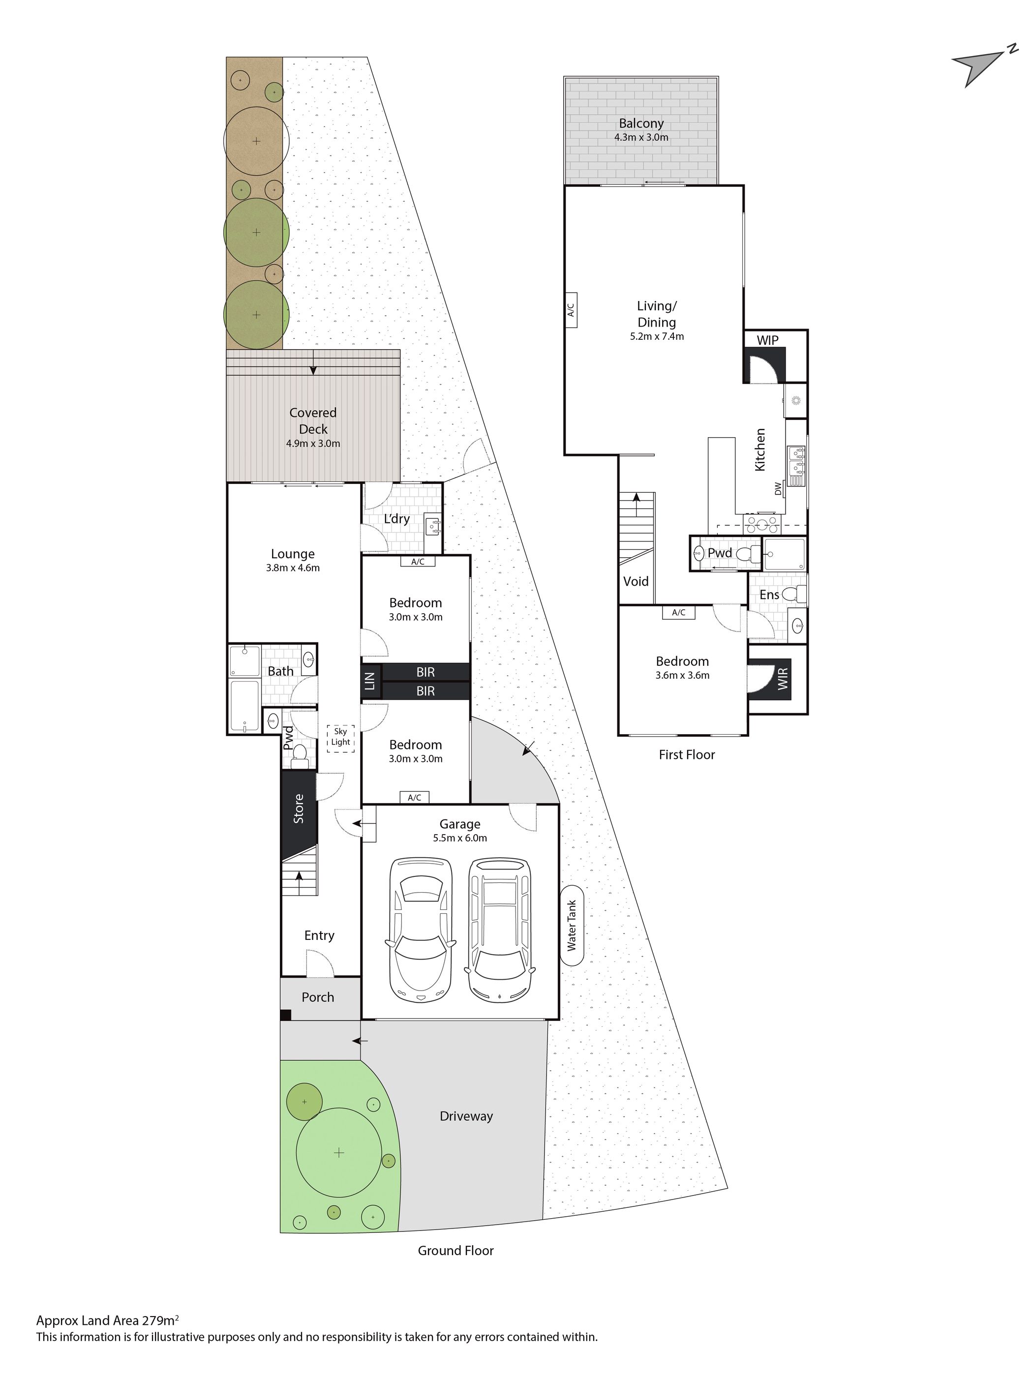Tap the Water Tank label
[x=571, y=925]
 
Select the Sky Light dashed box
[x=340, y=738]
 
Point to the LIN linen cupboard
[x=370, y=681]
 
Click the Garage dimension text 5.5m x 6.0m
[x=460, y=838]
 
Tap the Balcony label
[x=641, y=123]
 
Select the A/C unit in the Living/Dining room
[x=571, y=309]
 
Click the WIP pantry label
[x=767, y=340]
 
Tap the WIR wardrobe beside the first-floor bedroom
[x=783, y=678]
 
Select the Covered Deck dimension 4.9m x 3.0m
[x=313, y=444]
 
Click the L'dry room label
[x=396, y=519]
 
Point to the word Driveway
[x=466, y=1116]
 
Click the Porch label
[x=318, y=997]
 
